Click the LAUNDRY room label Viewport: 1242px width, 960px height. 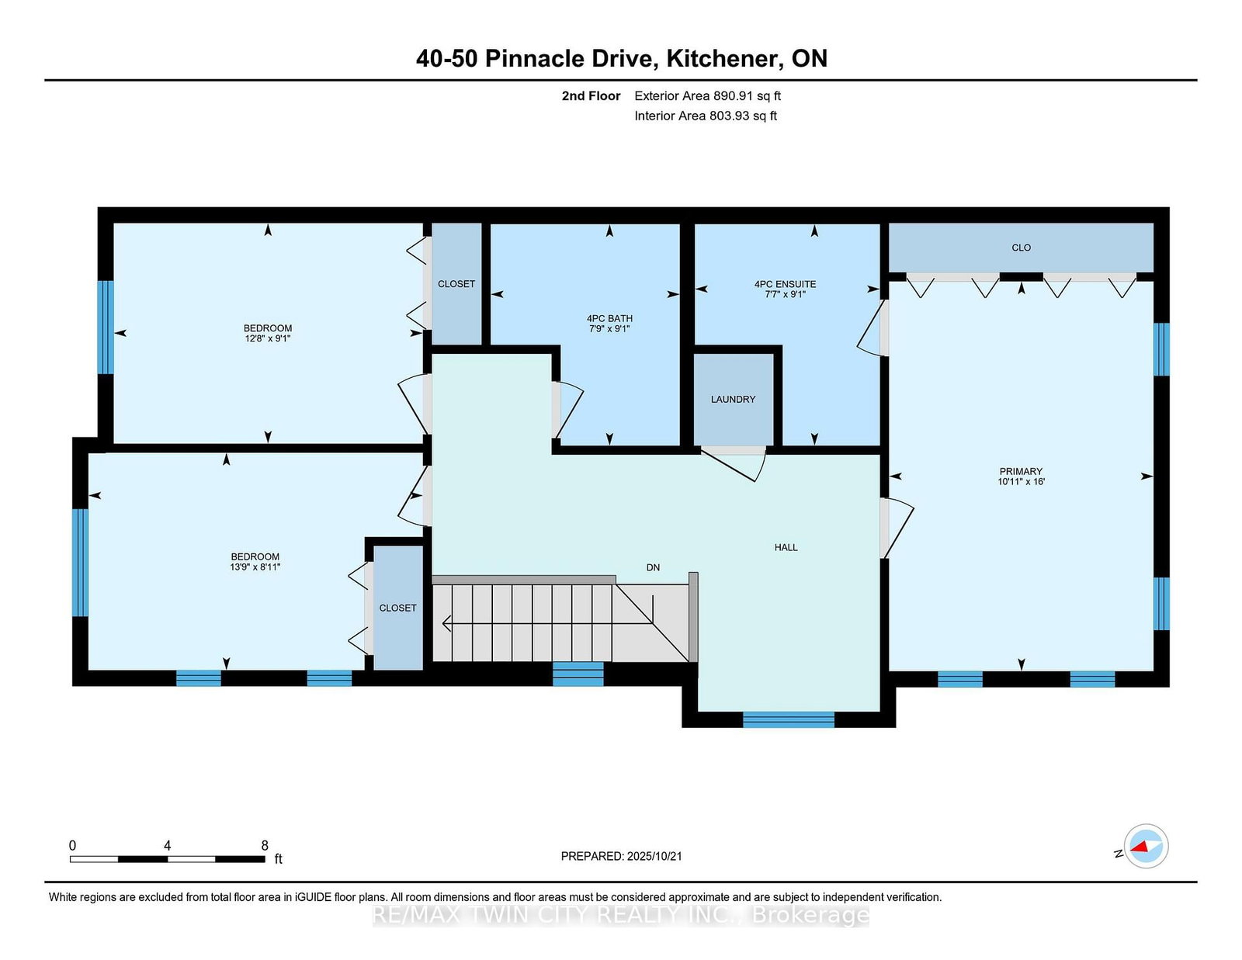733,400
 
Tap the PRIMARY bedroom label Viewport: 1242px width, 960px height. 1021,471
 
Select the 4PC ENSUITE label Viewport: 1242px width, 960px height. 785,284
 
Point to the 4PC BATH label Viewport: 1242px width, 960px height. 609,318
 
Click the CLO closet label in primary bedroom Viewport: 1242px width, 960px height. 1021,248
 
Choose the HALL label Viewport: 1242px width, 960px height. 786,547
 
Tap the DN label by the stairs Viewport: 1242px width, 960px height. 653,567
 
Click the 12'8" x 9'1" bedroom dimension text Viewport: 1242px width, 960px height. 268,338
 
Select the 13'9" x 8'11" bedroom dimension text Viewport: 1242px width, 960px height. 255,567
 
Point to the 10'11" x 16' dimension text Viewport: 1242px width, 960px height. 1021,482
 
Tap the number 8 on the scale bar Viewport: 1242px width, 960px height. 265,846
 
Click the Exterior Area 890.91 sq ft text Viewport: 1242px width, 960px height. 707,96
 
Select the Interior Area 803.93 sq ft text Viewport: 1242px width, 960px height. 706,116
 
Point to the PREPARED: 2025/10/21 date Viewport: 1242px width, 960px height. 621,856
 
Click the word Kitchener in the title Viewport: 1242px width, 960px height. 725,59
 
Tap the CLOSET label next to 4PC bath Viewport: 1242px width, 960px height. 456,284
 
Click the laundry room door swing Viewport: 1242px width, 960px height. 734,463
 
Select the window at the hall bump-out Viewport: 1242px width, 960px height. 788,719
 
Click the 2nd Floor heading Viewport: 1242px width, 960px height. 591,96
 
